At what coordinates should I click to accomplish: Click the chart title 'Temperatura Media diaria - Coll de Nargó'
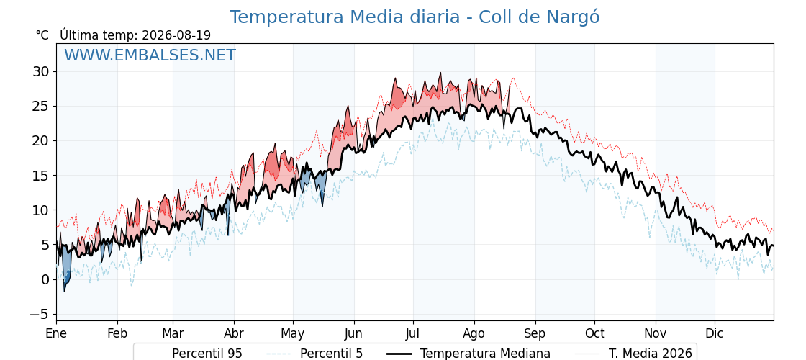pyautogui.click(x=415, y=17)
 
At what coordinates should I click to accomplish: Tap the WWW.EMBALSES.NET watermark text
pyautogui.click(x=150, y=55)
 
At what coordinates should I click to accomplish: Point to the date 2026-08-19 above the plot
pyautogui.click(x=176, y=35)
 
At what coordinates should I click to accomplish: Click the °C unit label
pyautogui.click(x=42, y=35)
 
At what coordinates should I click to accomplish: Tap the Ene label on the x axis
pyautogui.click(x=57, y=333)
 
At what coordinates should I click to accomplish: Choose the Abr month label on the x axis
pyautogui.click(x=234, y=333)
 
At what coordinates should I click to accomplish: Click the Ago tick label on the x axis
pyautogui.click(x=474, y=333)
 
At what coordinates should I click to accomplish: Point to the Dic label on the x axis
pyautogui.click(x=715, y=333)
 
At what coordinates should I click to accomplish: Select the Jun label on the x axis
pyautogui.click(x=353, y=333)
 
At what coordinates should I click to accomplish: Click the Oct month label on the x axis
pyautogui.click(x=594, y=333)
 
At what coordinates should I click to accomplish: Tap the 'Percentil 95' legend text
pyautogui.click(x=207, y=354)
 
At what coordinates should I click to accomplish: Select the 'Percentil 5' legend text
pyautogui.click(x=332, y=354)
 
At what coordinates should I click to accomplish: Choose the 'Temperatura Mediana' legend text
pyautogui.click(x=485, y=354)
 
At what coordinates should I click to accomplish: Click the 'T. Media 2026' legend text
pyautogui.click(x=651, y=354)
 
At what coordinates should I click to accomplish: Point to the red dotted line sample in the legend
pyautogui.click(x=150, y=354)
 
